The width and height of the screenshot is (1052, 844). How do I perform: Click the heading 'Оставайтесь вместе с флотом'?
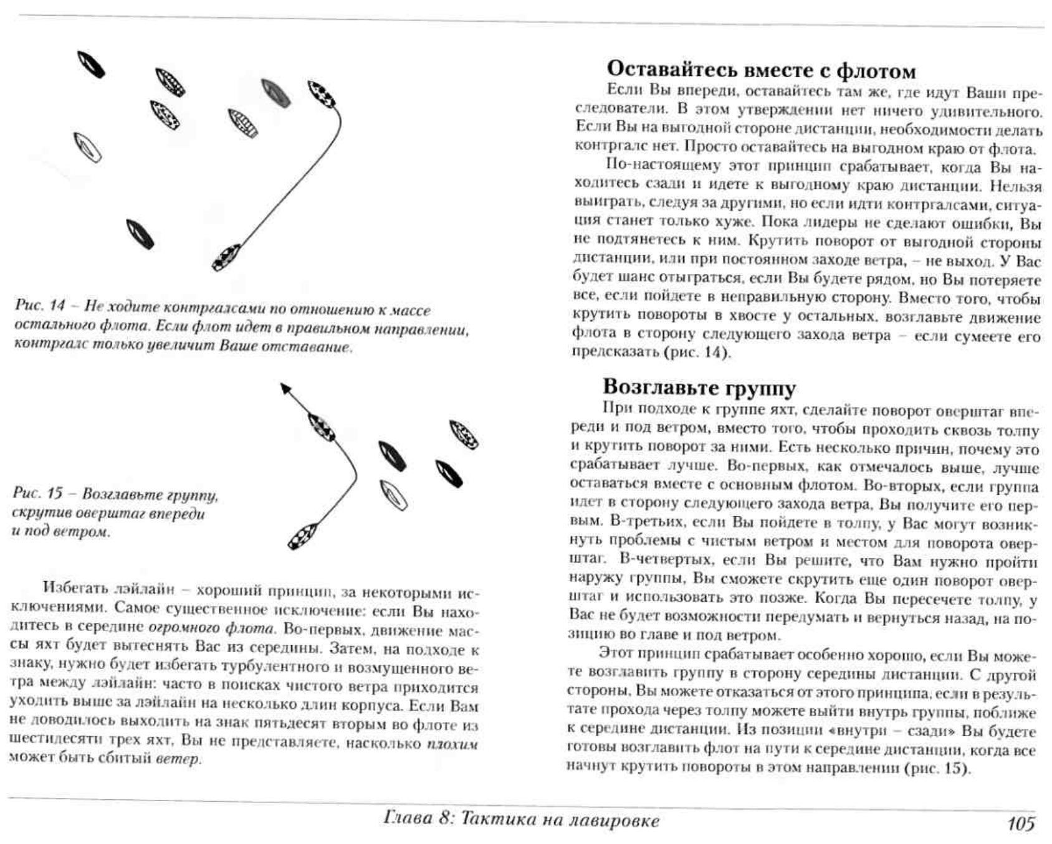761,69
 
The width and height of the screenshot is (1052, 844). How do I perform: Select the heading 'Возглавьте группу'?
699,387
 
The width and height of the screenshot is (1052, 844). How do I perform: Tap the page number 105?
1021,823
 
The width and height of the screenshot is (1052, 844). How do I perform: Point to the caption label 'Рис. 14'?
39,305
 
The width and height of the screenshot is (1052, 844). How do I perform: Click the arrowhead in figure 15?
285,388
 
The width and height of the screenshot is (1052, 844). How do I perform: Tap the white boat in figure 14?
87,148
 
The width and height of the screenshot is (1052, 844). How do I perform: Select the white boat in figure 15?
393,495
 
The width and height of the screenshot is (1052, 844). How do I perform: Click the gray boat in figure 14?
275,93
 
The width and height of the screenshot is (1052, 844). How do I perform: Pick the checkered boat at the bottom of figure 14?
226,257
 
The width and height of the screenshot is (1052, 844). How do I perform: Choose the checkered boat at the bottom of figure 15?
303,537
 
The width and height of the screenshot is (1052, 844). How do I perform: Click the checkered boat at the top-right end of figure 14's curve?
322,94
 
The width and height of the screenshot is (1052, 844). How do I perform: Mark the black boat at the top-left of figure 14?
91,64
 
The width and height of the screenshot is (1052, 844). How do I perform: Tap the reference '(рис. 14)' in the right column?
696,352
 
